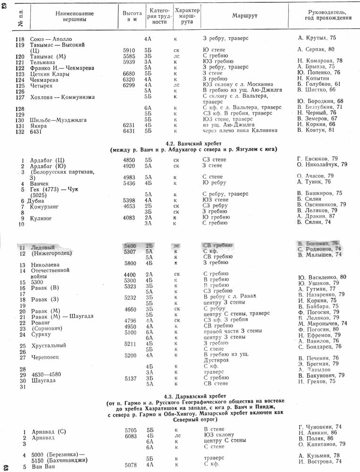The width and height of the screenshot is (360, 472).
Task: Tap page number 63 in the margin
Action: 5,467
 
